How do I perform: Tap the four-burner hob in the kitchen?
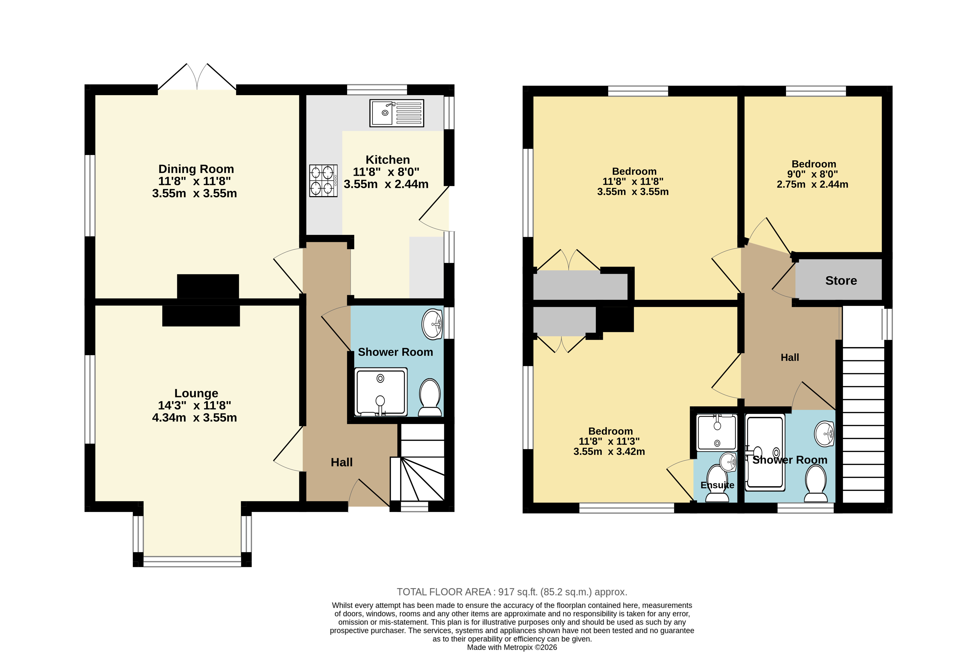(x=323, y=181)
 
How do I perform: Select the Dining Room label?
(x=196, y=169)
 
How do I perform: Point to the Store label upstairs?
(x=841, y=281)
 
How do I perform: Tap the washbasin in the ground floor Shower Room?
(x=432, y=324)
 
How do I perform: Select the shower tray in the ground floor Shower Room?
(x=381, y=392)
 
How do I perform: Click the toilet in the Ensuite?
(x=717, y=484)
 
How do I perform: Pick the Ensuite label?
(x=717, y=485)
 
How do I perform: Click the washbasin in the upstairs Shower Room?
(x=824, y=434)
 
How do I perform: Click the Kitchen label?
(x=387, y=160)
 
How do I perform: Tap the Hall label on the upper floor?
(x=790, y=358)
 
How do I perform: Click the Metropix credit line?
(x=512, y=647)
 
